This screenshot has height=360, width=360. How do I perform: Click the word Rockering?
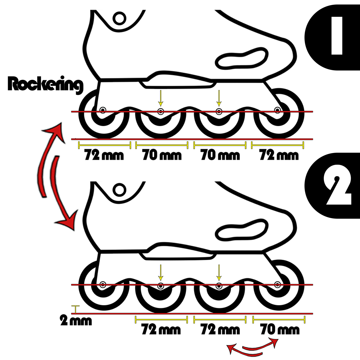(x=45, y=85)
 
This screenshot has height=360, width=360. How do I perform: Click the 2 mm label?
(x=76, y=321)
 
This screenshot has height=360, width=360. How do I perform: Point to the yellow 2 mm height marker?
(x=76, y=309)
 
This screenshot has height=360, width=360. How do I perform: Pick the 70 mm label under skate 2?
(x=280, y=329)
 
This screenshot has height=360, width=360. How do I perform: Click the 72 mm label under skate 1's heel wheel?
(x=104, y=155)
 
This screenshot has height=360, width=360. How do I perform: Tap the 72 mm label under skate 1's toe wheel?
(x=279, y=155)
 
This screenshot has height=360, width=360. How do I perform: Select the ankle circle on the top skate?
(x=120, y=18)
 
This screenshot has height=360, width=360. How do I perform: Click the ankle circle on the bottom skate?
(x=119, y=190)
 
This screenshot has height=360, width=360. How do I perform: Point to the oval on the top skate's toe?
(x=242, y=58)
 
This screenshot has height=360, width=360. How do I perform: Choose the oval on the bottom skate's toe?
(x=242, y=230)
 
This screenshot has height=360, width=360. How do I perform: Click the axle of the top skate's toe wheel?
(x=277, y=110)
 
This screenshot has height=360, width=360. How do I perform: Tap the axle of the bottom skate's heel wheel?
(x=103, y=284)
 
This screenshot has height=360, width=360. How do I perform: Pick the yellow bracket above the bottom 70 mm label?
(x=279, y=319)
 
